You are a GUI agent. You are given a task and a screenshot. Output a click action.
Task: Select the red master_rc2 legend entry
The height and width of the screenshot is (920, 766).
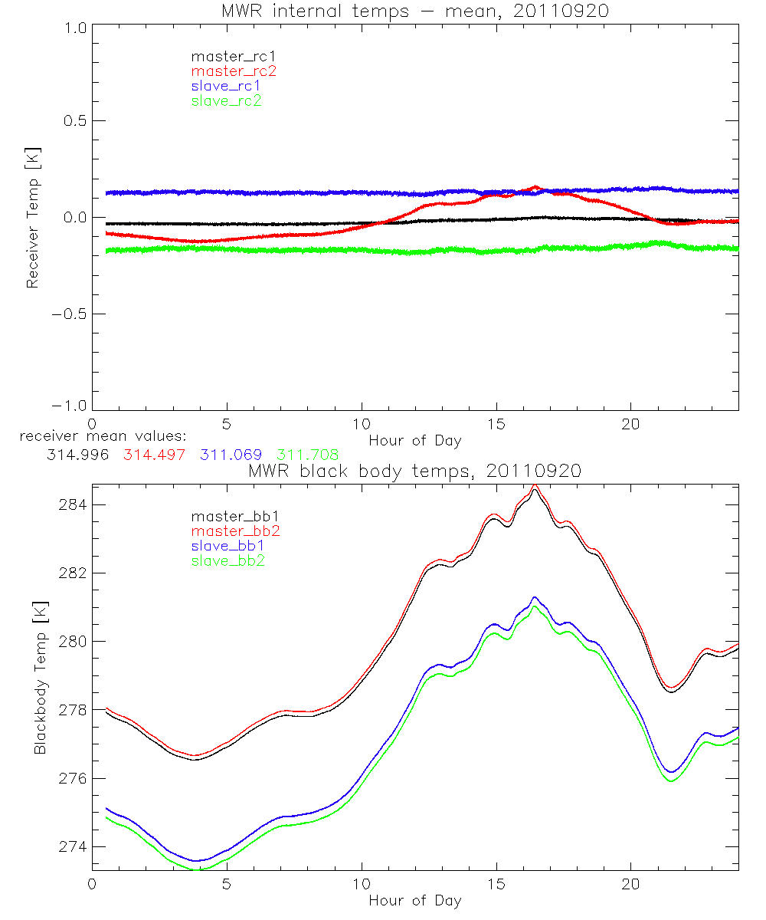click(234, 71)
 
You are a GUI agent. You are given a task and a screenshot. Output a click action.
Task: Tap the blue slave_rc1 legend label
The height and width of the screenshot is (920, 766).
click(226, 86)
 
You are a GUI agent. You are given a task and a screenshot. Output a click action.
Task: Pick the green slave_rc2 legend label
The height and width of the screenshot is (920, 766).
click(226, 100)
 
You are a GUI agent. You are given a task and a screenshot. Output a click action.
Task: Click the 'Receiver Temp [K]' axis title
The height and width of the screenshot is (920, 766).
click(32, 218)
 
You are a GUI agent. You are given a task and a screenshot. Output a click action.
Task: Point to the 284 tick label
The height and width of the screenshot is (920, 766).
click(73, 504)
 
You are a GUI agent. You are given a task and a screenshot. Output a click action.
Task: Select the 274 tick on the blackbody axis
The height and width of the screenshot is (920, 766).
click(73, 846)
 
